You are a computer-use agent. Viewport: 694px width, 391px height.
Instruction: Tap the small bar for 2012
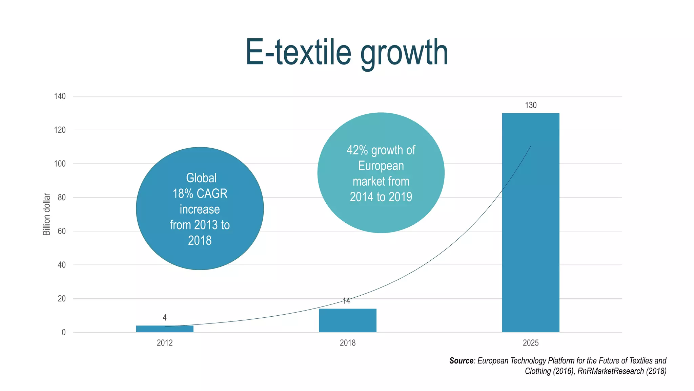coord(165,329)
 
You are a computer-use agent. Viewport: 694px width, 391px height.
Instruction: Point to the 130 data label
coord(531,105)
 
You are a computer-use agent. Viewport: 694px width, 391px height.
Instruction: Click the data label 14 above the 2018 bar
coord(346,301)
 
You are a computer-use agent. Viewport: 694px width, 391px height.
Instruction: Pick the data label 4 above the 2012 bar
coord(165,318)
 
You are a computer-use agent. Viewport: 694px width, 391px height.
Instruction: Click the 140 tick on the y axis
coord(60,96)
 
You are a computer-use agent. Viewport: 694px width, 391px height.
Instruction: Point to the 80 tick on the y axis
coord(62,197)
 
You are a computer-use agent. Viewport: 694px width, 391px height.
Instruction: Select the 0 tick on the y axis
coord(64,332)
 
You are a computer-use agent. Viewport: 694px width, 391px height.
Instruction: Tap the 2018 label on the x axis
coord(348,343)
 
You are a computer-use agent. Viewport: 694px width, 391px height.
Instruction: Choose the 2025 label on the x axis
coord(531,343)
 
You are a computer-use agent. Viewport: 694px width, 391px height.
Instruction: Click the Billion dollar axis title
coord(46,214)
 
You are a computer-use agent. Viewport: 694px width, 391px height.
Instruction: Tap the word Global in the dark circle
coord(201,178)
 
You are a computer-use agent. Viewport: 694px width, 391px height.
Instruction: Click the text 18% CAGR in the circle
coord(200,193)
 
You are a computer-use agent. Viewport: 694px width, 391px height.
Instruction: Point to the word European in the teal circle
coord(381,166)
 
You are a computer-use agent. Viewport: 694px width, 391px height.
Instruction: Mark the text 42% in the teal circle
coord(357,150)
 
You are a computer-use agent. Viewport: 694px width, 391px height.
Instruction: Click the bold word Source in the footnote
coord(461,360)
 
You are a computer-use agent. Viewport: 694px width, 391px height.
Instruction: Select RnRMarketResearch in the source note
coord(610,371)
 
